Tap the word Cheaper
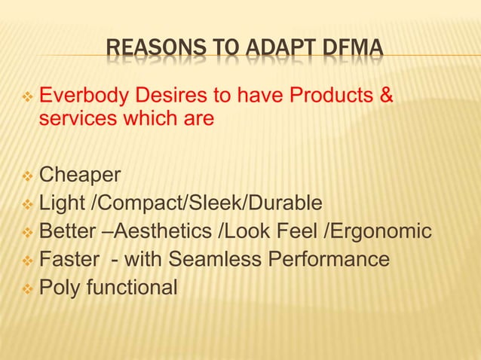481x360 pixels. [80, 175]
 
